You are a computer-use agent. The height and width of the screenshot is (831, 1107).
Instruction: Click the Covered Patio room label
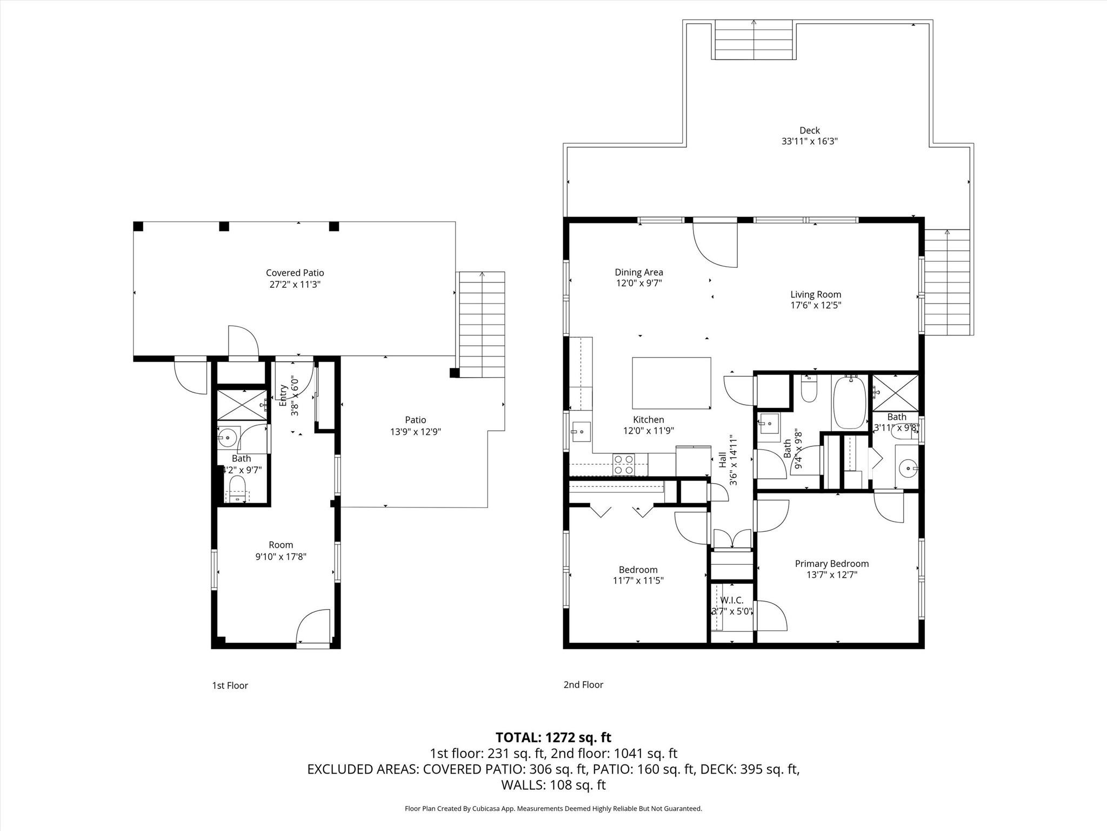[295, 273]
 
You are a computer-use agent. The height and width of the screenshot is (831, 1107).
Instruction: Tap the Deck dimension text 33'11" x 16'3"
[809, 142]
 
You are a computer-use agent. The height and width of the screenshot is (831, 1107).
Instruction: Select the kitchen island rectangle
[671, 383]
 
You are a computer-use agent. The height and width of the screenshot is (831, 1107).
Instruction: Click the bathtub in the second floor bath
[850, 403]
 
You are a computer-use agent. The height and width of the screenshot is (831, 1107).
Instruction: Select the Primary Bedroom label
[831, 564]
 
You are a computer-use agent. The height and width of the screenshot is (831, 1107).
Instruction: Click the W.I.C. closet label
[731, 601]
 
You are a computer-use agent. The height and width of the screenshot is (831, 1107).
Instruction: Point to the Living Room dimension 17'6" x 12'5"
[815, 305]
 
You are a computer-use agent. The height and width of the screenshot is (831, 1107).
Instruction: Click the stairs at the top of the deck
[754, 41]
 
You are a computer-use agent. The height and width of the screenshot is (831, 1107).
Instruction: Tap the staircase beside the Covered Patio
[482, 325]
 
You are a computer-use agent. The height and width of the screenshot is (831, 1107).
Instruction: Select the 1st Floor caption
[230, 685]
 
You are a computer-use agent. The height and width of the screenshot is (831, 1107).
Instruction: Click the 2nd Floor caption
[583, 684]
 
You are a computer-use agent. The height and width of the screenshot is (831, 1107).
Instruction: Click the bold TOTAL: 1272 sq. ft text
[553, 737]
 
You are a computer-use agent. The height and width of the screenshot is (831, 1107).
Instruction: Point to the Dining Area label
[638, 273]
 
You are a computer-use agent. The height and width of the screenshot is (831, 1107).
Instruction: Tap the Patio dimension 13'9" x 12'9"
[415, 432]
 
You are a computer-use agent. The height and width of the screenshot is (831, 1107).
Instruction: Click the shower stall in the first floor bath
[242, 404]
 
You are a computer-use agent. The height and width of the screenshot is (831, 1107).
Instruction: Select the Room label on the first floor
[281, 545]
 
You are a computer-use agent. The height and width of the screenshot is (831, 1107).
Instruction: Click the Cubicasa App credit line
[553, 809]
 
